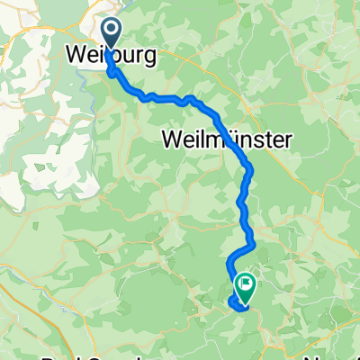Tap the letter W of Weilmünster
(173, 139)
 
